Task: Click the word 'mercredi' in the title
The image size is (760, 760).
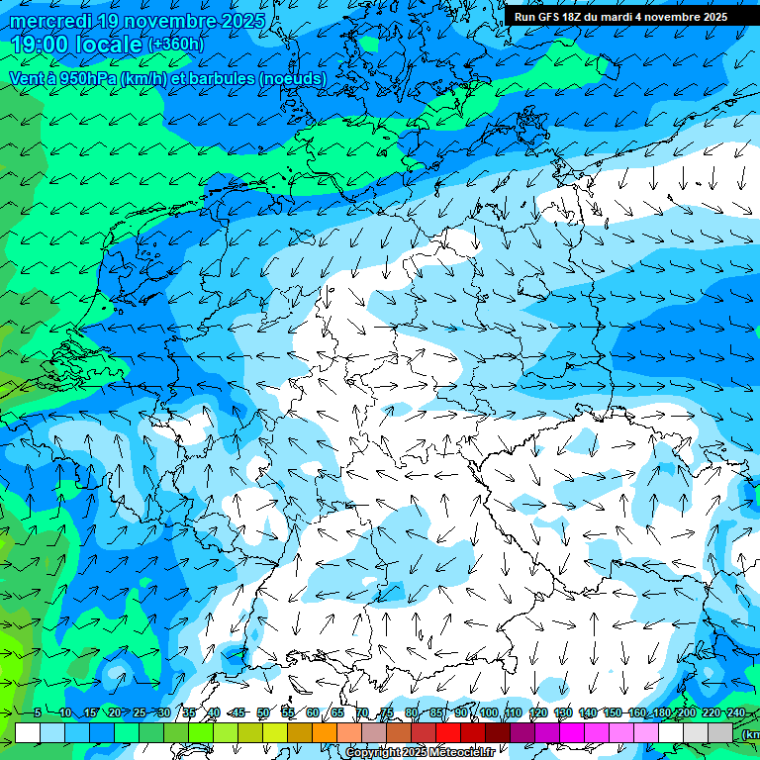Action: click(x=48, y=21)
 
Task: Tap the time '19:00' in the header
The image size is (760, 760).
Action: click(x=41, y=44)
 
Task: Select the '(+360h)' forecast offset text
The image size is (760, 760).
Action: click(x=175, y=44)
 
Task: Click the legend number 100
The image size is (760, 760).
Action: click(x=489, y=712)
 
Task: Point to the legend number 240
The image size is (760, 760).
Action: click(x=736, y=712)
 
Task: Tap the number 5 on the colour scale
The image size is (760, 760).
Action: click(x=37, y=712)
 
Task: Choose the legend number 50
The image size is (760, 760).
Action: click(x=263, y=712)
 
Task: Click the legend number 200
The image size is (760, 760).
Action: click(x=687, y=712)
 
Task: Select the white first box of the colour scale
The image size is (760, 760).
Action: click(x=28, y=732)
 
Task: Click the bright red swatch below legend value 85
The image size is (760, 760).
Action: click(x=448, y=732)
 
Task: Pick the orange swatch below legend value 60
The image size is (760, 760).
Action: click(x=325, y=732)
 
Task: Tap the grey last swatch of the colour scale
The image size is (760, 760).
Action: click(x=720, y=732)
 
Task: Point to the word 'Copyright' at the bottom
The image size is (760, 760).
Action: click(x=373, y=753)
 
